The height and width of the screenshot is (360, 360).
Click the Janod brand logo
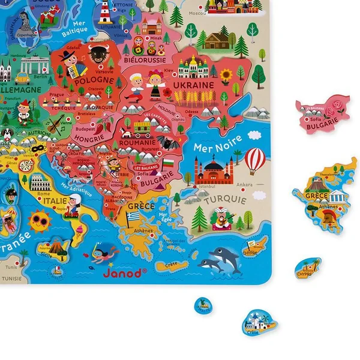(124, 272)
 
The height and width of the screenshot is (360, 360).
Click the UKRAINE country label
(193, 85)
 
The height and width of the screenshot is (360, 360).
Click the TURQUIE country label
(224, 199)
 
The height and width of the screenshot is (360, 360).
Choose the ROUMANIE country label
(137, 143)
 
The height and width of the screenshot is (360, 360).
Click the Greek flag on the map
(133, 216)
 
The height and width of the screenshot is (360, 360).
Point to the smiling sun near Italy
(40, 221)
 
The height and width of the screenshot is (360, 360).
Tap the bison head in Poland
(96, 53)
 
